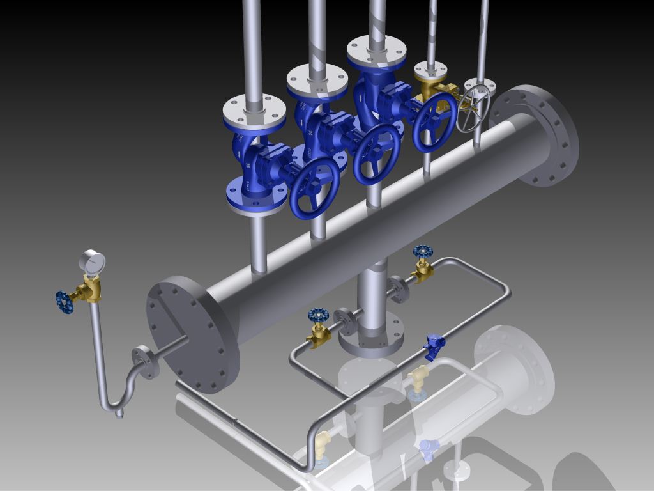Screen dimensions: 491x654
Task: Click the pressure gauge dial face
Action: pyautogui.click(x=93, y=262)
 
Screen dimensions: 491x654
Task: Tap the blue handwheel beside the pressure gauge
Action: pyautogui.click(x=64, y=302)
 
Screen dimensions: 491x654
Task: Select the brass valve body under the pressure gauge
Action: pyautogui.click(x=92, y=290)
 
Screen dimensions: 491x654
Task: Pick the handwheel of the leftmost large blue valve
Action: pyautogui.click(x=314, y=188)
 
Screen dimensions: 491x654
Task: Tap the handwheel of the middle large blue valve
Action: pyautogui.click(x=376, y=153)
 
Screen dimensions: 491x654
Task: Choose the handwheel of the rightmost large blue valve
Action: pyautogui.click(x=434, y=121)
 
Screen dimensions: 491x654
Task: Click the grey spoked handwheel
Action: pyautogui.click(x=473, y=108)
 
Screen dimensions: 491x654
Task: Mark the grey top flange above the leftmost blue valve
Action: pyautogui.click(x=254, y=112)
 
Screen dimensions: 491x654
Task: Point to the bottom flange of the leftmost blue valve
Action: pyautogui.click(x=256, y=194)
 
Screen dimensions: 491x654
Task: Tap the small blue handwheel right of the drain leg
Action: pyautogui.click(x=423, y=251)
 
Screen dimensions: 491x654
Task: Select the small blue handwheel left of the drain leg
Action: pyautogui.click(x=318, y=315)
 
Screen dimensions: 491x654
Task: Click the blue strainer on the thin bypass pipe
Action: pyautogui.click(x=434, y=346)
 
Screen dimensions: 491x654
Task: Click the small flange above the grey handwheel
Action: pyautogui.click(x=480, y=86)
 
